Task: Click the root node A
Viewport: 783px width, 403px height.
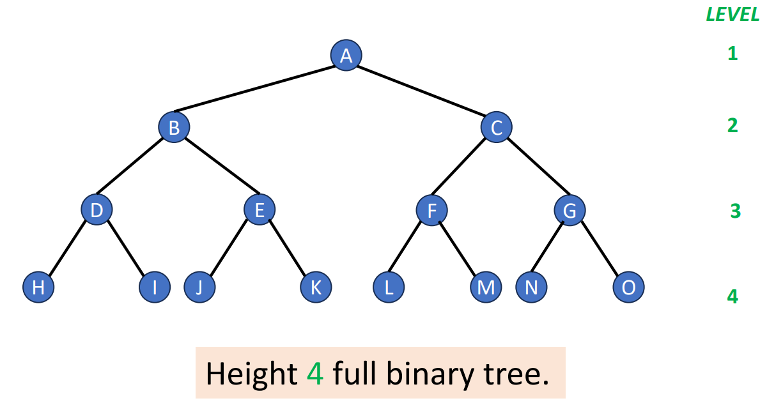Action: pyautogui.click(x=346, y=56)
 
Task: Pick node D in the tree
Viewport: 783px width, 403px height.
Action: pyautogui.click(x=97, y=209)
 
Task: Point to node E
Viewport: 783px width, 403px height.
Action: pyautogui.click(x=260, y=209)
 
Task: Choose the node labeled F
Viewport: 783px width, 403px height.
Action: pyautogui.click(x=432, y=209)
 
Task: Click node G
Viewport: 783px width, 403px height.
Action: pyautogui.click(x=570, y=209)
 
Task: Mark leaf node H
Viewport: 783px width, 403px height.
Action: pyautogui.click(x=38, y=287)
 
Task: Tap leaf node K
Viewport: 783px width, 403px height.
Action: pyautogui.click(x=316, y=287)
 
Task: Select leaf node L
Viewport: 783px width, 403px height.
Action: pyautogui.click(x=389, y=287)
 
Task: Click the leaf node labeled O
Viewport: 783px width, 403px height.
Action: pyautogui.click(x=628, y=287)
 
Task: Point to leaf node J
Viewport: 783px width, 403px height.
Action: pyautogui.click(x=199, y=287)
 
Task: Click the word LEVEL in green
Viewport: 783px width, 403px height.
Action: pyautogui.click(x=733, y=15)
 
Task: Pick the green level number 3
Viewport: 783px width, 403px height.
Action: pyautogui.click(x=735, y=211)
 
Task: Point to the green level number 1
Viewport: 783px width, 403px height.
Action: pyautogui.click(x=733, y=53)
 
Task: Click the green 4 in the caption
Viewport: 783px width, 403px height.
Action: pyautogui.click(x=314, y=373)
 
